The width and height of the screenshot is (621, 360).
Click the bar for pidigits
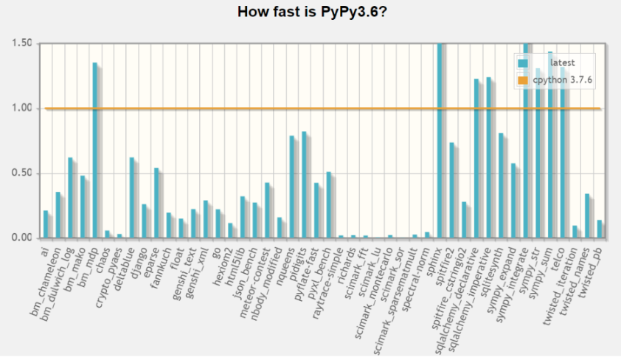305,185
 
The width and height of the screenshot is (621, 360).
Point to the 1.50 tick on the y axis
22,44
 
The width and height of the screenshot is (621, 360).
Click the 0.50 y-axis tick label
22,173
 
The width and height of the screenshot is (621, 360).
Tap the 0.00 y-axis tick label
22,238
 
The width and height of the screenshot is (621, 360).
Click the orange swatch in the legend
523,80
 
